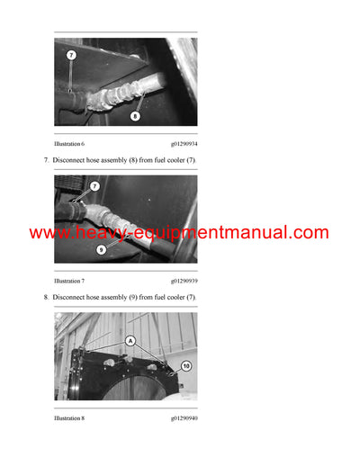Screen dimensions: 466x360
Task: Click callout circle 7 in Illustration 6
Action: tap(71, 55)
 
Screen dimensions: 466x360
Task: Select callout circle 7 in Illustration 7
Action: tap(94, 186)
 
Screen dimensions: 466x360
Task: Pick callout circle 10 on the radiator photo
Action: tap(185, 366)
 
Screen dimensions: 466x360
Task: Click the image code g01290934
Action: tap(184, 143)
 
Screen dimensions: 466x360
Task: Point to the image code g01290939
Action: tap(184, 281)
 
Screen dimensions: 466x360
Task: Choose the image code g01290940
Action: tap(184, 418)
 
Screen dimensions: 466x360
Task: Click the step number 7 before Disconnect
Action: tap(45, 160)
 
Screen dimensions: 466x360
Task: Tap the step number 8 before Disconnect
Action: tap(45, 298)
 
